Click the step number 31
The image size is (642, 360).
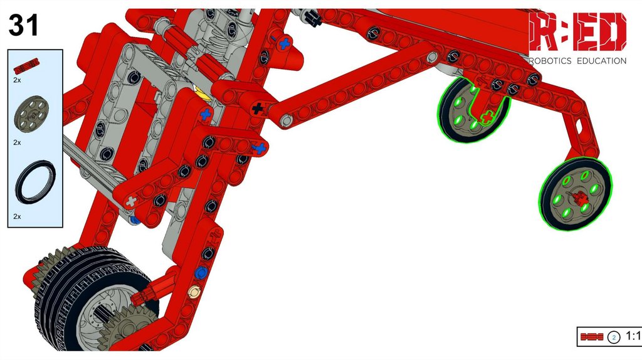23,25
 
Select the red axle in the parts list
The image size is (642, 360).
26,66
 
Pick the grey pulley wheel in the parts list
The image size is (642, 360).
31,114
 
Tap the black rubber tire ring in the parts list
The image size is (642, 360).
35,183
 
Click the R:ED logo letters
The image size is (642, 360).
577,32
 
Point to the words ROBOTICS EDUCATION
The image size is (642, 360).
577,61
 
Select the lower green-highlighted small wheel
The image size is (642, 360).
576,194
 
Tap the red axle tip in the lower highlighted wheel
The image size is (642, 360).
581,199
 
